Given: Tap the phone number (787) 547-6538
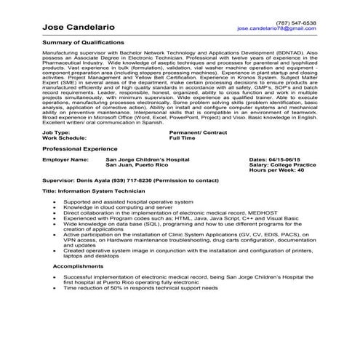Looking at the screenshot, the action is click(296, 22).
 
